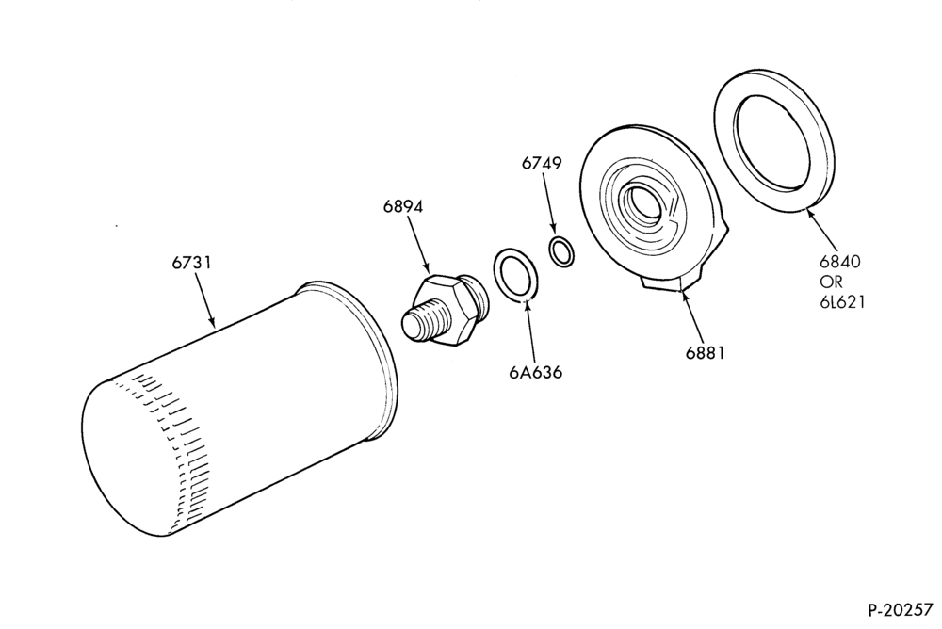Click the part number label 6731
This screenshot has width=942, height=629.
(x=191, y=263)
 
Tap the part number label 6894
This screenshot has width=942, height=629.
(x=403, y=206)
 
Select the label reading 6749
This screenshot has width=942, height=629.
(x=542, y=163)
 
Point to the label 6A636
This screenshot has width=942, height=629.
(x=536, y=373)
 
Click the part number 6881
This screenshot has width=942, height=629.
(x=706, y=353)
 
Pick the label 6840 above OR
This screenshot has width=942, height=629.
(x=840, y=262)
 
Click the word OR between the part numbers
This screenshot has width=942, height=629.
(x=832, y=282)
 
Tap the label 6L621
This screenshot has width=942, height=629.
(x=842, y=301)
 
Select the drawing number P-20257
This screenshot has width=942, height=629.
(x=901, y=610)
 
